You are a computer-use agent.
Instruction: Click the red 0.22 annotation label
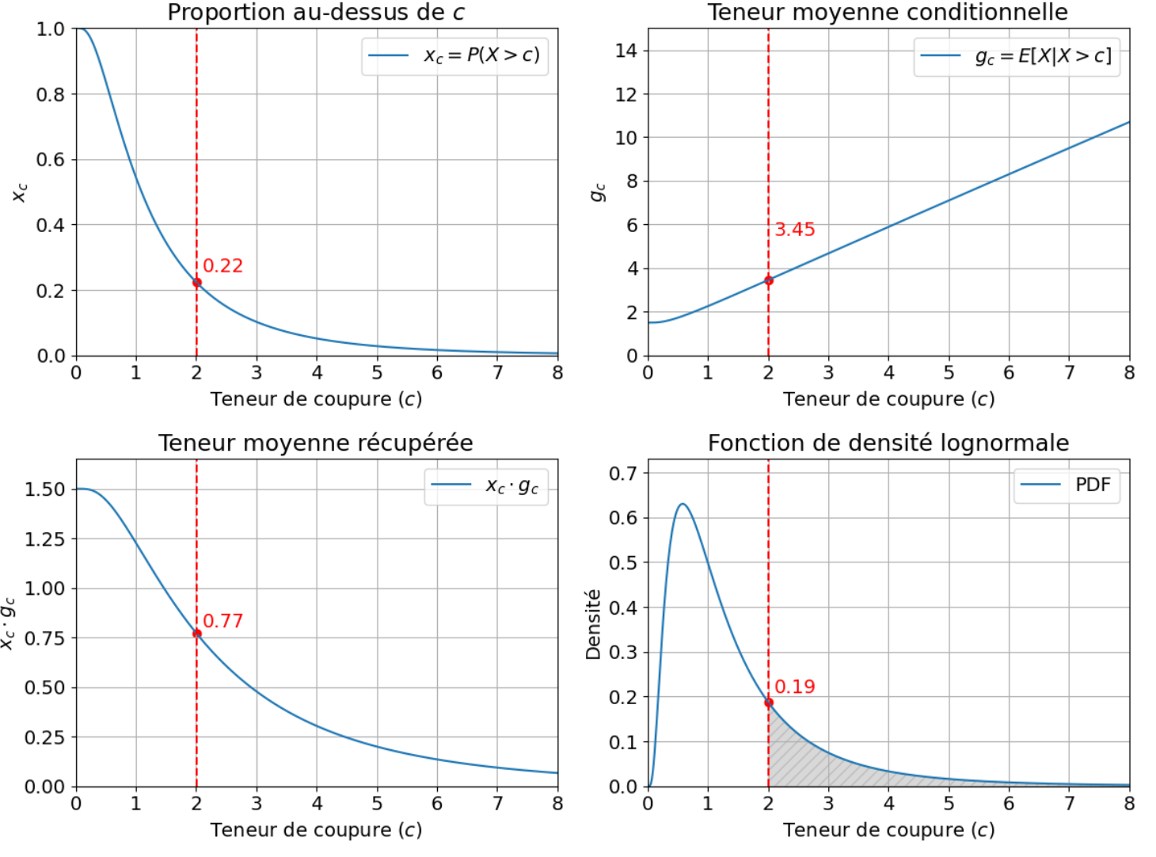pos(222,266)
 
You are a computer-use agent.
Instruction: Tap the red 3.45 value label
pos(794,230)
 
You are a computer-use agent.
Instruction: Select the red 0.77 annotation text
pos(222,621)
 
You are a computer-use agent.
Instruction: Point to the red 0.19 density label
pos(794,687)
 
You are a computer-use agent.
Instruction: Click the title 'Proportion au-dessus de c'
pos(316,13)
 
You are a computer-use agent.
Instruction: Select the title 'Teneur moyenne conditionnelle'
pos(888,13)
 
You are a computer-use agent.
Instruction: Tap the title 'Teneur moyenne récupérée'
pos(316,443)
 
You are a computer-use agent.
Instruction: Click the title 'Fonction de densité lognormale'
pos(888,443)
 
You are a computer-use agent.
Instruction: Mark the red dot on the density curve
pos(768,703)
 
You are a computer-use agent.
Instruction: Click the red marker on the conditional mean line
pos(768,280)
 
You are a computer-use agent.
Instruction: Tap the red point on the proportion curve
pos(196,282)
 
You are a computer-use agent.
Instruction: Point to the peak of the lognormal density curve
pos(683,504)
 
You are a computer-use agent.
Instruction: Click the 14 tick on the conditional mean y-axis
pos(626,51)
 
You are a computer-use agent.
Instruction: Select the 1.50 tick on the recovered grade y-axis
pos(44,489)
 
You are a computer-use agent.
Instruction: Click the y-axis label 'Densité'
pos(593,624)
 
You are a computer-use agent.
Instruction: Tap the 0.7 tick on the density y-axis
pos(622,474)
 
